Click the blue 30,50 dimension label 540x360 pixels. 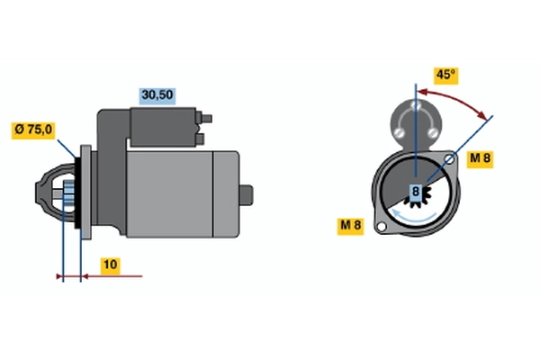[157, 95]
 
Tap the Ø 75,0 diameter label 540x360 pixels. [33, 130]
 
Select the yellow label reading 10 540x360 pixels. [111, 265]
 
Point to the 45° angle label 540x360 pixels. [446, 75]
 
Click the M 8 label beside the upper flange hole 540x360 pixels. [480, 158]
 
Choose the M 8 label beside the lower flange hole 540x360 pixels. [351, 226]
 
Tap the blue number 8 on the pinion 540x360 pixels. [416, 191]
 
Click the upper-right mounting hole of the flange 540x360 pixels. [449, 158]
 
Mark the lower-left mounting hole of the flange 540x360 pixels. [382, 227]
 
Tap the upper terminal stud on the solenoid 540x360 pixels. [206, 119]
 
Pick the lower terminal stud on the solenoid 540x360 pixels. [201, 139]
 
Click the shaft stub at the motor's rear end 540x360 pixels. [247, 195]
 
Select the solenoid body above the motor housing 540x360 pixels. [164, 127]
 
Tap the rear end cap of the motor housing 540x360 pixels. [226, 194]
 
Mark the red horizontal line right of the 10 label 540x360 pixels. [112, 276]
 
